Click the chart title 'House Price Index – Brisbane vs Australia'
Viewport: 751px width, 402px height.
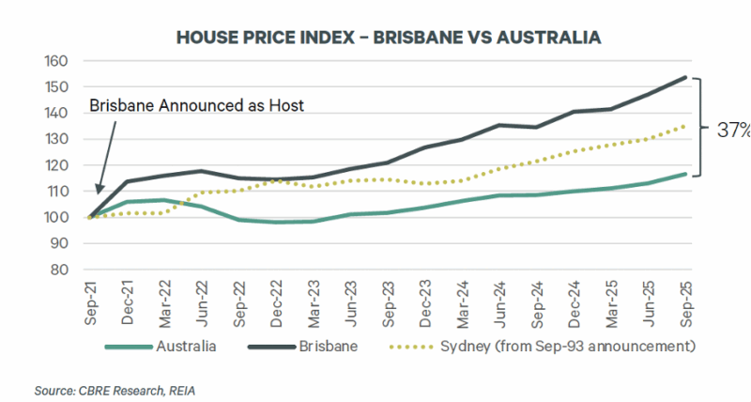388,38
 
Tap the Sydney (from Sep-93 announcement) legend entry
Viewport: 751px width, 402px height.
555,346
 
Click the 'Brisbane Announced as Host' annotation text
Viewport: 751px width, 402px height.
196,106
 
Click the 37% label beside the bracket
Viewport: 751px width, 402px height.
733,131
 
